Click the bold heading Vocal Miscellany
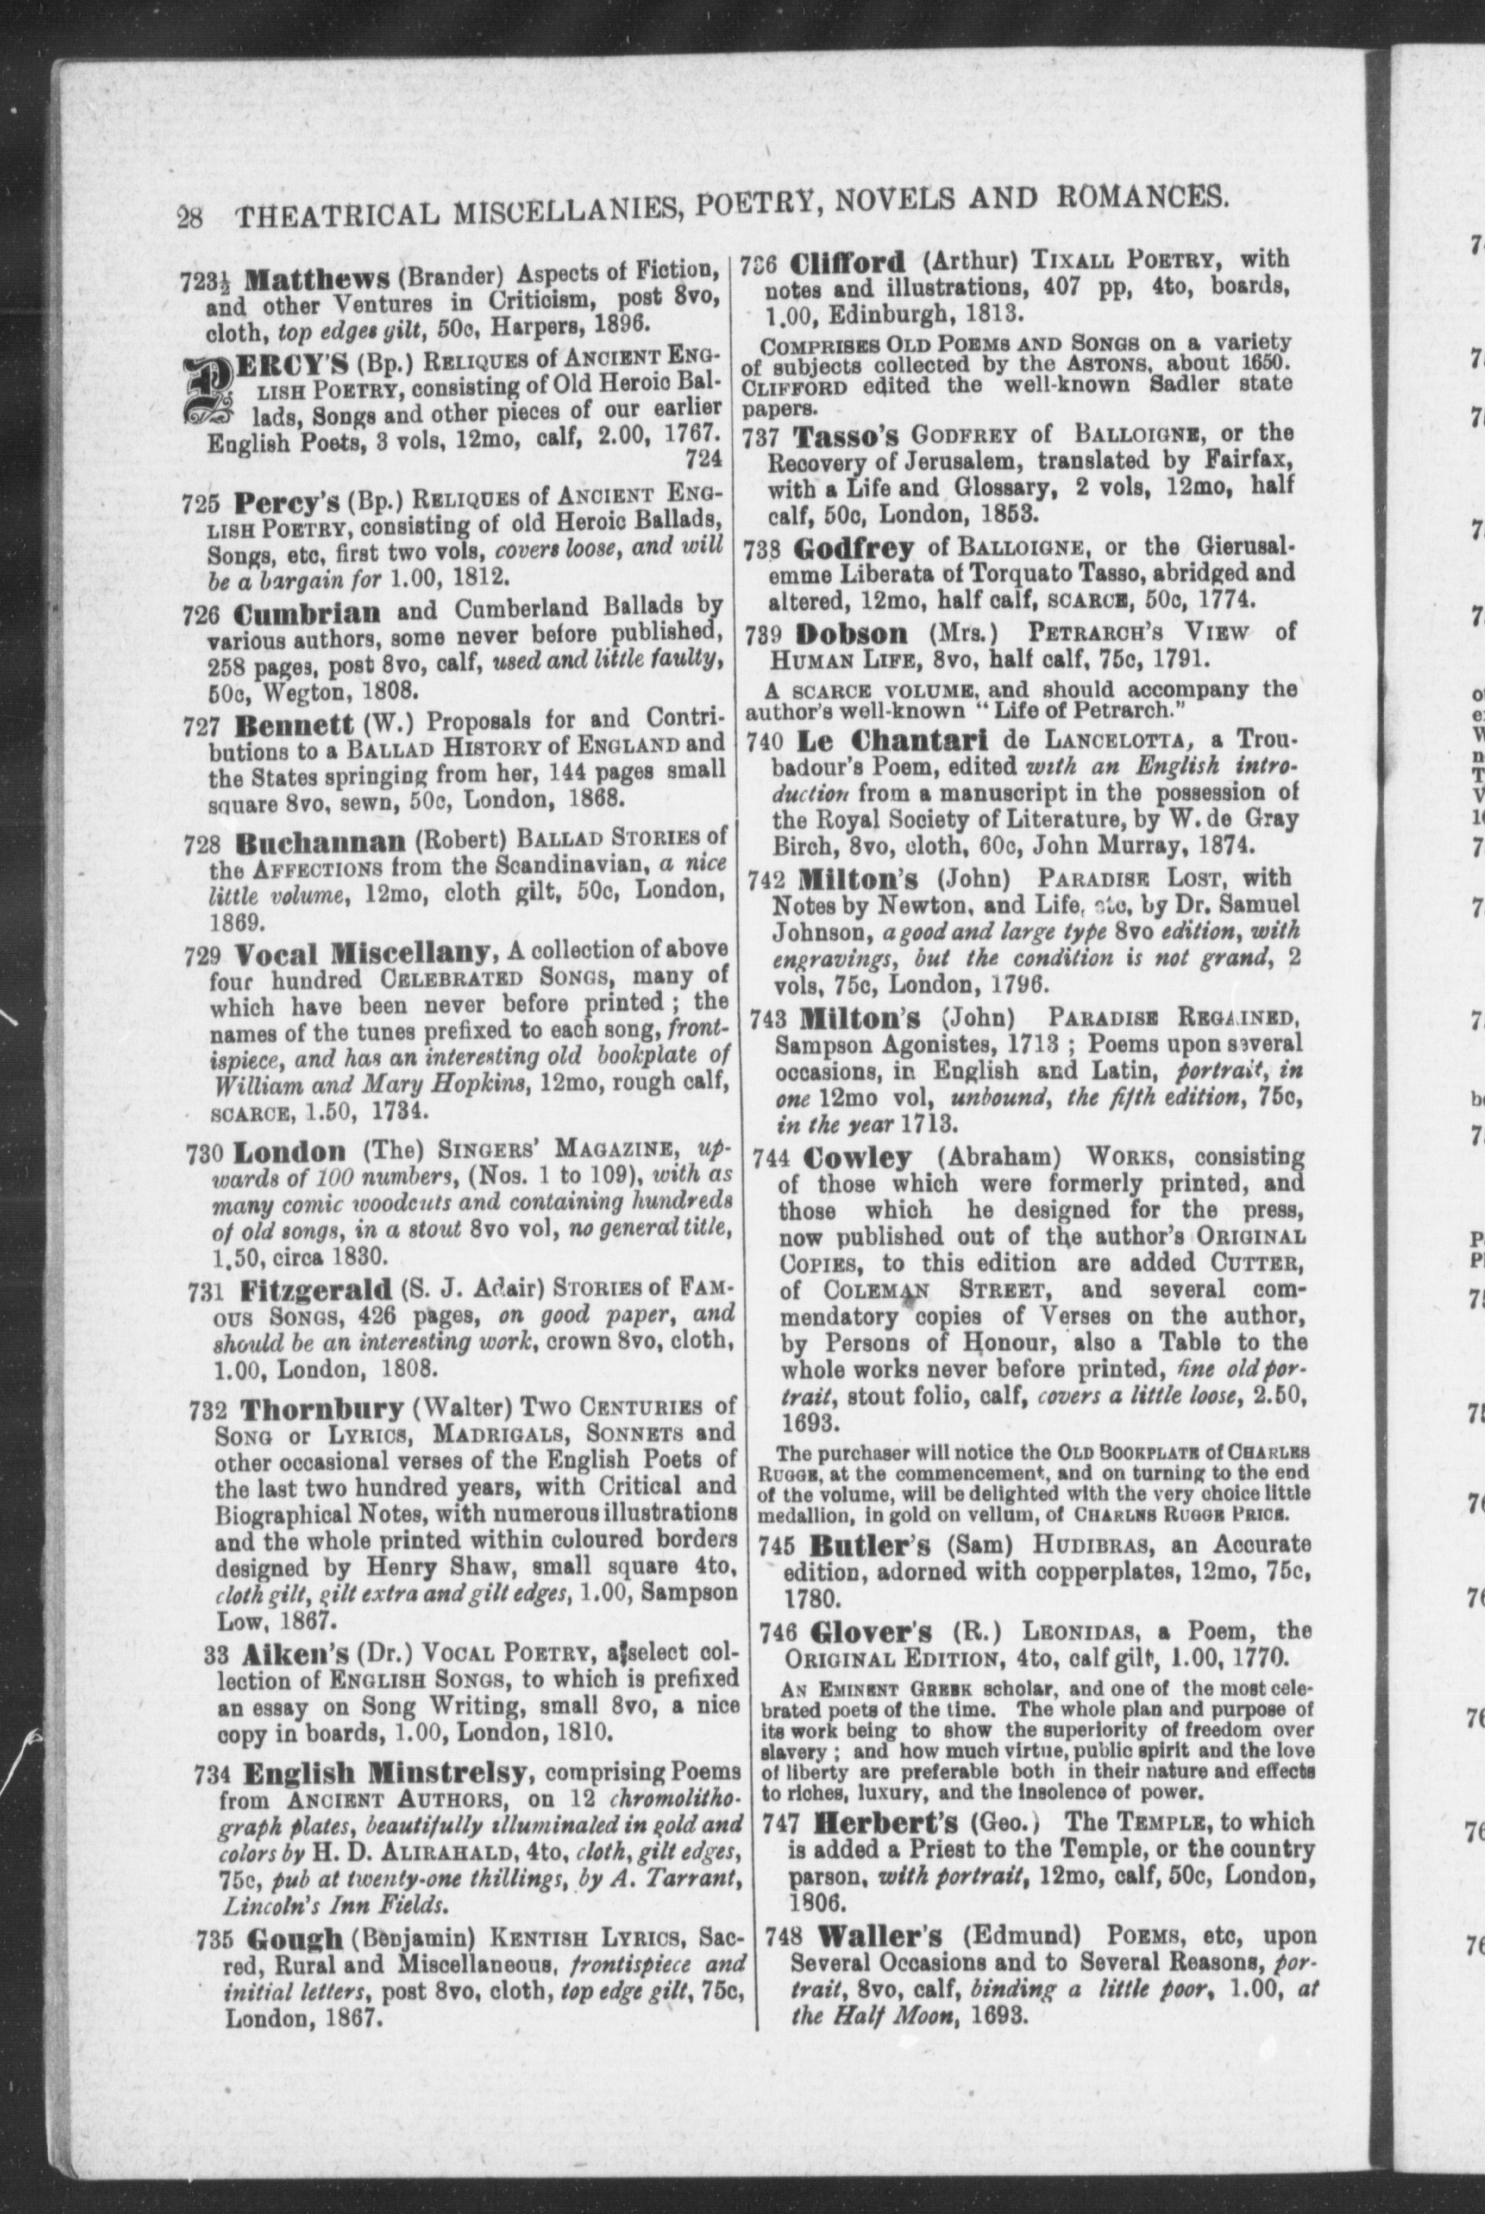363,952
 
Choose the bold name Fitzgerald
316,1291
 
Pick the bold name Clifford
847,260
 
